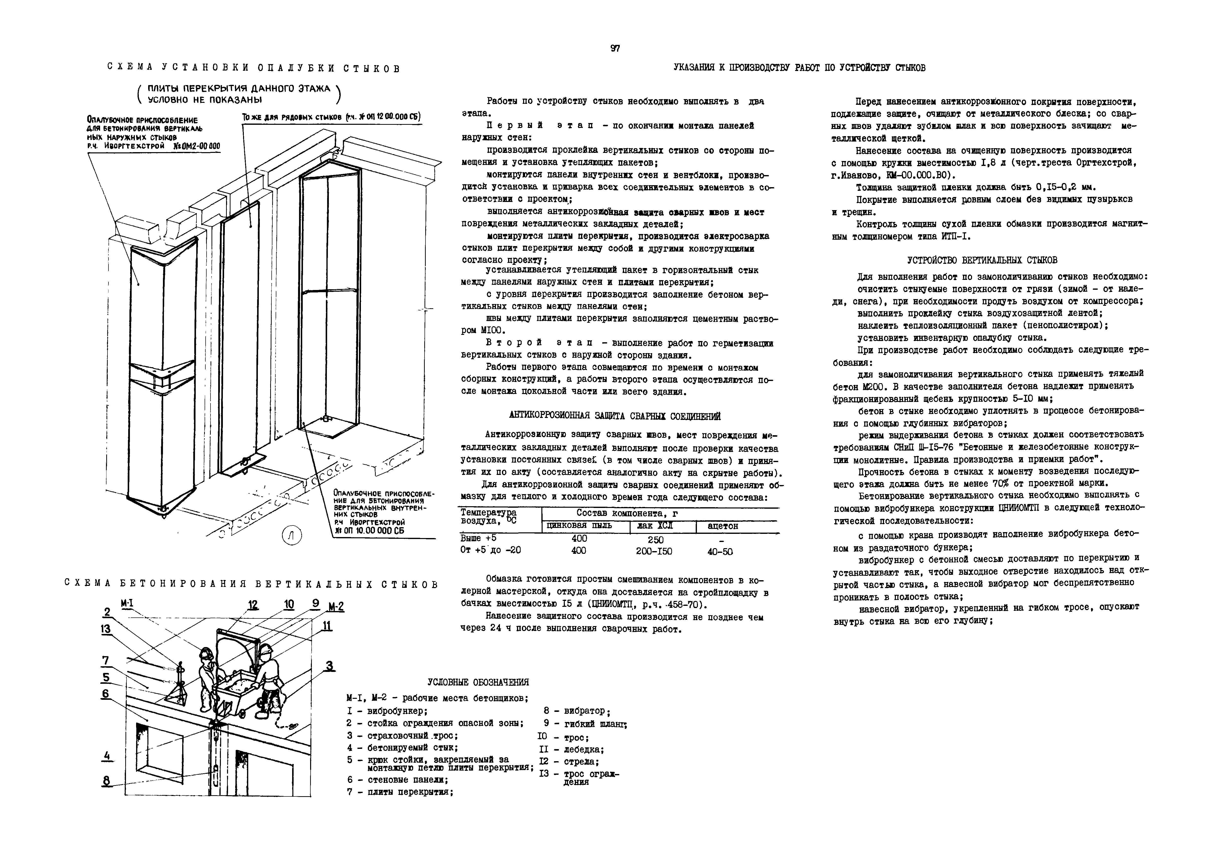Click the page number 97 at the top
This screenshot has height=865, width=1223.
[x=615, y=49]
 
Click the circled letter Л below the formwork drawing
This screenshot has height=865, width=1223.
[x=291, y=536]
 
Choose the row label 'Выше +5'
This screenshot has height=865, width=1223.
[x=478, y=538]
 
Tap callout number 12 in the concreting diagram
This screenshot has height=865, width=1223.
[x=252, y=605]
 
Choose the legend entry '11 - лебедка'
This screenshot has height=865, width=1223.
[x=571, y=749]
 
